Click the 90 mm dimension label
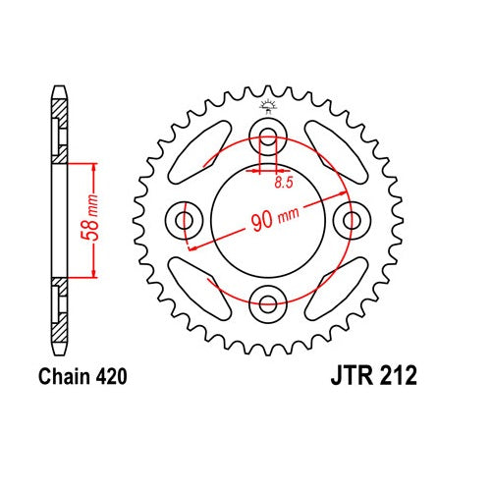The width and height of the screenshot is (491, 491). point(275,218)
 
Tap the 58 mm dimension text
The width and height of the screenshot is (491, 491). point(89,217)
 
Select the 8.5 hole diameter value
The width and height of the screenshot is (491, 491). point(284,183)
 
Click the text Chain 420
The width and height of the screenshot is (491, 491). point(82,377)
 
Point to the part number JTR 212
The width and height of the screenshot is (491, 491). point(374,375)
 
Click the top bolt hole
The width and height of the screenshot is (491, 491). point(268,136)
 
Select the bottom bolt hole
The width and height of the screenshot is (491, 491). point(268,302)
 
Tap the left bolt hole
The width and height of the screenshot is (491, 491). point(185,220)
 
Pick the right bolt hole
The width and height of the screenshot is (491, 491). point(352,220)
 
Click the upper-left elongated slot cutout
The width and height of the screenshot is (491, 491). point(200,152)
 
